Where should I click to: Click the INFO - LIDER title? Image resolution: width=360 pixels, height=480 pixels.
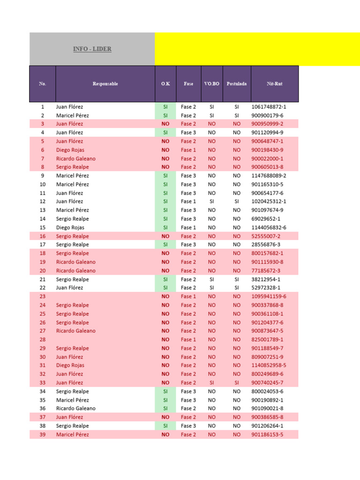[92, 49]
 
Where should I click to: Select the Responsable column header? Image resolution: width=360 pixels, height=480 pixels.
[105, 84]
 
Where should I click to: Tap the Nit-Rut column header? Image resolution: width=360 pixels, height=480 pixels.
[275, 84]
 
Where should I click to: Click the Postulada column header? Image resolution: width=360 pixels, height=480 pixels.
[236, 84]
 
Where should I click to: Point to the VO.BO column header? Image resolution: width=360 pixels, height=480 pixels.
[212, 84]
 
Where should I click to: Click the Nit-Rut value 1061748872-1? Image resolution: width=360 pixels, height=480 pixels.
[269, 107]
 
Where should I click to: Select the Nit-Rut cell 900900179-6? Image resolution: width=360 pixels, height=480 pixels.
[267, 115]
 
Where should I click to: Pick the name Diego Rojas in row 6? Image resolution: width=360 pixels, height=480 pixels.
[70, 150]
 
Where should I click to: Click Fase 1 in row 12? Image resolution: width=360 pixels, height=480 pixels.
[188, 202]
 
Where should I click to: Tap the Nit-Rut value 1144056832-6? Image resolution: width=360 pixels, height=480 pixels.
[269, 227]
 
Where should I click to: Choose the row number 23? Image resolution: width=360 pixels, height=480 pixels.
[43, 296]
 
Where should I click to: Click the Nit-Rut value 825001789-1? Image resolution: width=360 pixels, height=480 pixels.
[267, 339]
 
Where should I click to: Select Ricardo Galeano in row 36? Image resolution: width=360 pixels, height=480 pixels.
[75, 408]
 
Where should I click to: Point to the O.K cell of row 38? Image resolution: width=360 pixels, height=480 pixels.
[165, 426]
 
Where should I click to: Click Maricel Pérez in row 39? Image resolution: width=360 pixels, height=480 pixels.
[72, 435]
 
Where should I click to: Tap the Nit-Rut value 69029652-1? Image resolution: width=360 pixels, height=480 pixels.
[266, 219]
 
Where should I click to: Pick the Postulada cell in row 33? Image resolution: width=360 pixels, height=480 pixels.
[236, 382]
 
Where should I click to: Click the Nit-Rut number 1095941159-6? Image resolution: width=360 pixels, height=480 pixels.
[269, 296]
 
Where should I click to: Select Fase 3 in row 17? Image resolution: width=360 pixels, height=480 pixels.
[188, 245]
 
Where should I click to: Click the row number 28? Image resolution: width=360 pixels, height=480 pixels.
[43, 339]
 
